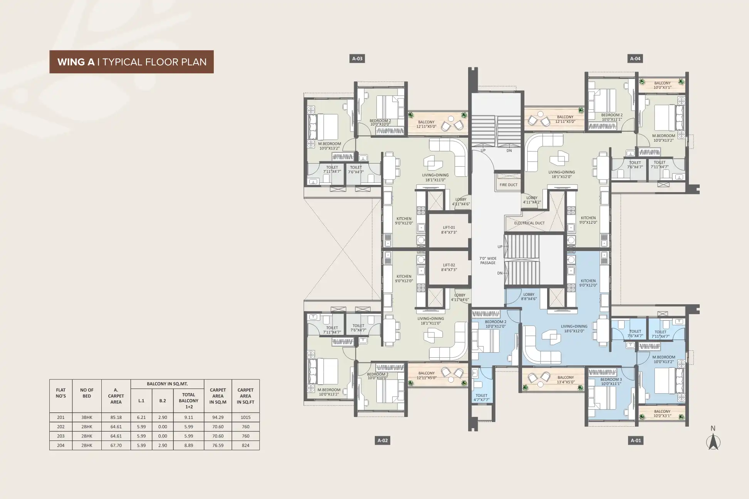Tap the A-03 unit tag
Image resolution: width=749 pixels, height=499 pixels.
(358, 59)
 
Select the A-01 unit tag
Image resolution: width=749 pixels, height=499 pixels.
(636, 440)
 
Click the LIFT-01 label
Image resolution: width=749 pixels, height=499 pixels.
(449, 230)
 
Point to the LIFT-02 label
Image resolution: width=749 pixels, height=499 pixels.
(449, 267)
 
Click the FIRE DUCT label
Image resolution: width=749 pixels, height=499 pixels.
(509, 185)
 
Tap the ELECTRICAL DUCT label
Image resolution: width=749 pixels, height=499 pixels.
(529, 223)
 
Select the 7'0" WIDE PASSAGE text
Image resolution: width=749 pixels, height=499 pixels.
(488, 261)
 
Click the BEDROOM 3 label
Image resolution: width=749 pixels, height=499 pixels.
(611, 382)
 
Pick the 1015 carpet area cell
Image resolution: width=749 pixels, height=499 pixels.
(245, 417)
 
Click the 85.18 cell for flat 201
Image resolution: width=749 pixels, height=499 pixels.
(116, 417)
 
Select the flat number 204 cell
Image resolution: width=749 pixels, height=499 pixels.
(61, 445)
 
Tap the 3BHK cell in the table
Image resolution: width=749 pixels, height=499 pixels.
(87, 417)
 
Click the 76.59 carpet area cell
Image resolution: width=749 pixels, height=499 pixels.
(218, 445)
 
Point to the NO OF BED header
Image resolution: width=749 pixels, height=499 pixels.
(87, 393)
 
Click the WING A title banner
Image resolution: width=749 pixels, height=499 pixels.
(131, 62)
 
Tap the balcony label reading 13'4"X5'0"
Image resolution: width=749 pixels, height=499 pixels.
(566, 380)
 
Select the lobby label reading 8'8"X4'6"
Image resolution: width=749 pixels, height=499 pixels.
(529, 296)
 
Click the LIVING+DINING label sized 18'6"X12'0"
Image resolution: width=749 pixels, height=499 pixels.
(574, 328)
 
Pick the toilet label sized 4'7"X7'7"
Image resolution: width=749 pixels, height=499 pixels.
(481, 398)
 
